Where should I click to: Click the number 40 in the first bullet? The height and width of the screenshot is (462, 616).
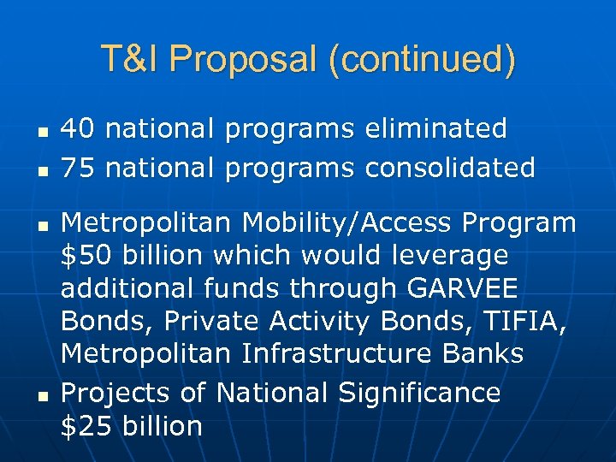(x=78, y=129)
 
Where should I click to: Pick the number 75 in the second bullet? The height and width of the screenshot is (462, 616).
(x=78, y=167)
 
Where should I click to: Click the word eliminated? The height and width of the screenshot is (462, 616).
(x=435, y=129)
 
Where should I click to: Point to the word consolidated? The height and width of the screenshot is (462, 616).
(x=450, y=167)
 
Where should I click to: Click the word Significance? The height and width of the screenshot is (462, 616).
(x=419, y=393)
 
